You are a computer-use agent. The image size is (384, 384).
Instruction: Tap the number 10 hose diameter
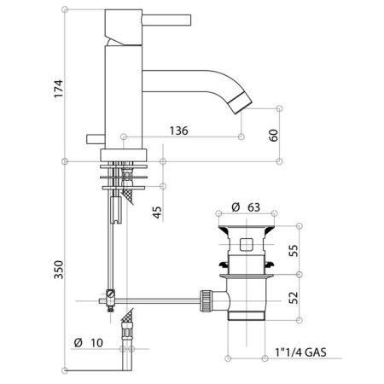[x=97, y=342]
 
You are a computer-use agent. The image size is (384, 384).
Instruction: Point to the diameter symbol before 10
[x=78, y=342]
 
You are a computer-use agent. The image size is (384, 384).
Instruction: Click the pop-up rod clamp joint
[x=108, y=296]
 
